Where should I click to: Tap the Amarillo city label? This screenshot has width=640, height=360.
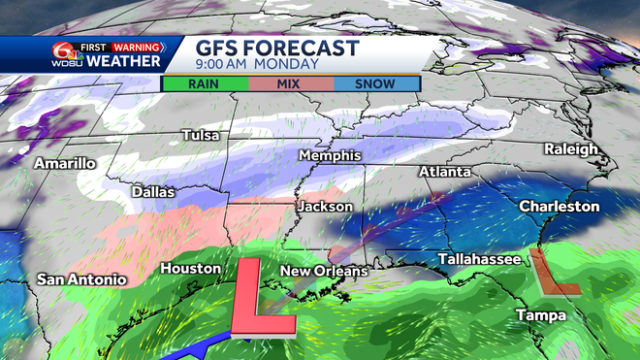coord(65,163)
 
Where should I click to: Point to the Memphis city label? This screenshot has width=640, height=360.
coord(330,155)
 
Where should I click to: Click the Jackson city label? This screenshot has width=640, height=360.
coord(326,207)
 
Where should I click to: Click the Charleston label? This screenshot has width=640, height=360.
coord(559,207)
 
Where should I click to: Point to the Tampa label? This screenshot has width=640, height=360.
coord(539,315)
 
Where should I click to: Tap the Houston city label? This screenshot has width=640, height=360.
coord(183,267)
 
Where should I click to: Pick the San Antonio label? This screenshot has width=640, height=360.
coord(81,279)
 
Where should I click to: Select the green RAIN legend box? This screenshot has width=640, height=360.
coord(204,83)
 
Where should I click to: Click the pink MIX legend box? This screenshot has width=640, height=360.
coord(290,83)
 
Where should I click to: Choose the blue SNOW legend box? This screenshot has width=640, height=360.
coord(375,83)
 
